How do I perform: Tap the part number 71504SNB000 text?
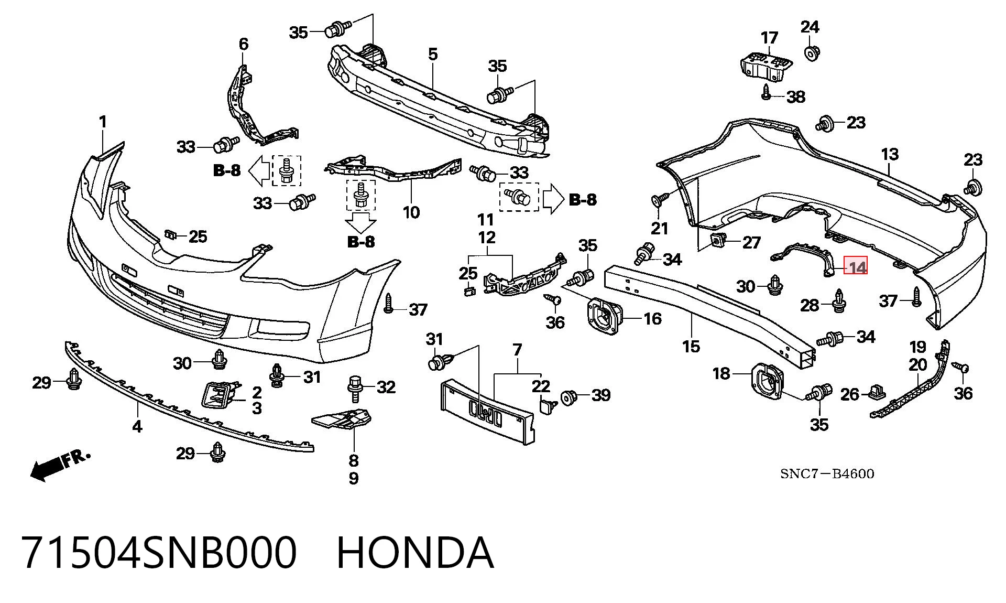[159, 553]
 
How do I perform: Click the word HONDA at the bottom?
[415, 553]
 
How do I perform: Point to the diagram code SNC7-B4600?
[827, 474]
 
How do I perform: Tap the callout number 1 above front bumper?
[103, 123]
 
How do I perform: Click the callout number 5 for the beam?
[433, 55]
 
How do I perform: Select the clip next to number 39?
[568, 397]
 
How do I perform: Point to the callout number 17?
[769, 38]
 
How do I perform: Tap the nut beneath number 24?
[812, 52]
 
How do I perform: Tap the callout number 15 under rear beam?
[691, 346]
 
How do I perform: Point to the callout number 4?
[137, 426]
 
